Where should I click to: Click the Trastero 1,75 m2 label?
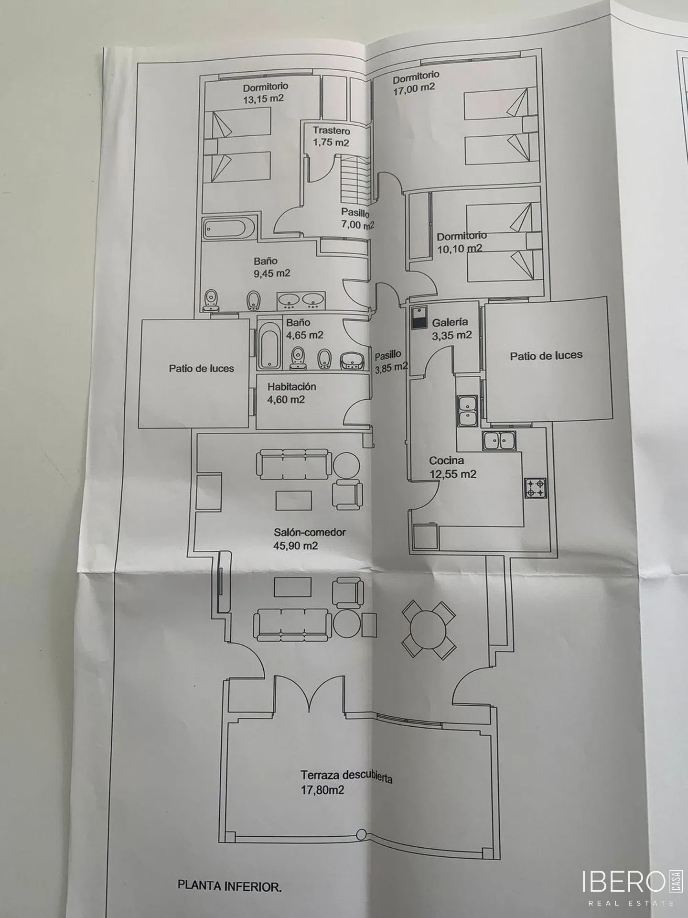pyautogui.click(x=331, y=136)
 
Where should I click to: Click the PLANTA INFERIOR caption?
pyautogui.click(x=229, y=886)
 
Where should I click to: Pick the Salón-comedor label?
pyautogui.click(x=310, y=532)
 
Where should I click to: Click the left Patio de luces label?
pyautogui.click(x=201, y=368)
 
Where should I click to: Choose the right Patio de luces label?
pyautogui.click(x=546, y=356)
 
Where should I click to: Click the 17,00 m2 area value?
pyautogui.click(x=414, y=88)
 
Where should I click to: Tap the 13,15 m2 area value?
pyautogui.click(x=263, y=99)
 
